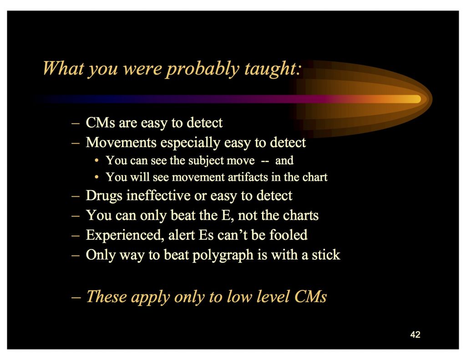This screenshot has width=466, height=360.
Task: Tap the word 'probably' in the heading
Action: [203, 69]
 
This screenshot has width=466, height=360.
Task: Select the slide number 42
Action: [415, 335]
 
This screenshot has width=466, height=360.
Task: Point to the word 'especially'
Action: [190, 143]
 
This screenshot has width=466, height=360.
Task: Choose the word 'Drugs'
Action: [104, 196]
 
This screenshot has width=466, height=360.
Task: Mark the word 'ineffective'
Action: [158, 195]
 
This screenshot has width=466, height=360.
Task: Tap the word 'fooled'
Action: [288, 235]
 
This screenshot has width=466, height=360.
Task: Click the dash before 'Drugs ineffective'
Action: [76, 197]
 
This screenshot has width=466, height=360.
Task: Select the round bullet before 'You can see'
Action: [96, 161]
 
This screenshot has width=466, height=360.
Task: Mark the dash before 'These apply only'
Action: [76, 297]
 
